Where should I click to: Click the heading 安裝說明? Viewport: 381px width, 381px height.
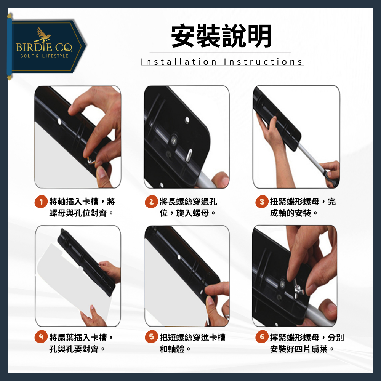click(221, 37)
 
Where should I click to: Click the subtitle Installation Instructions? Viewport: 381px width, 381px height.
click(222, 62)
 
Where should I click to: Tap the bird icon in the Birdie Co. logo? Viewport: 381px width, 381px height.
click(43, 35)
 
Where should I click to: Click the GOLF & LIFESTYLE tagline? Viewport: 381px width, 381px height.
click(45, 56)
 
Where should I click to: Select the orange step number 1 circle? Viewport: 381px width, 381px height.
click(39, 202)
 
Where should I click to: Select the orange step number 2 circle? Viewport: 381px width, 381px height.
click(151, 202)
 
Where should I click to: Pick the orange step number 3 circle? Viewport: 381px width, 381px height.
click(261, 202)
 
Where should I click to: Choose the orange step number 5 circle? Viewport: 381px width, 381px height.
click(151, 337)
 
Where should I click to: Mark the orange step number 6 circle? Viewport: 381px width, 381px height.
click(261, 337)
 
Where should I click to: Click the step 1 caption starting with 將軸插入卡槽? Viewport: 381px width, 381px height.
click(82, 207)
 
